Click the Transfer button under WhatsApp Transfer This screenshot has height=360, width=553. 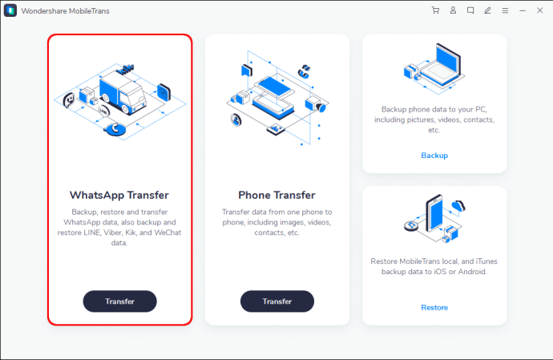119,301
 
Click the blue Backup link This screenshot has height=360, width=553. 434,156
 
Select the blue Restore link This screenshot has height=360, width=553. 434,307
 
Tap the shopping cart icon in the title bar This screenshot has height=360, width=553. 435,10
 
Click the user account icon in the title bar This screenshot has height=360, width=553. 453,10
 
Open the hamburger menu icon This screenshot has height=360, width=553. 505,10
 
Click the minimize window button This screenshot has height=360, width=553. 523,11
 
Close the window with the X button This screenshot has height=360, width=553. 540,10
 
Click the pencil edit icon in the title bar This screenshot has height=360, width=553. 488,10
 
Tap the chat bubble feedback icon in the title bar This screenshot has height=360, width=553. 470,10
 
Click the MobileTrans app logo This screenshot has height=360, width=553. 10,10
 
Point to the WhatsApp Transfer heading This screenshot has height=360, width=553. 119,195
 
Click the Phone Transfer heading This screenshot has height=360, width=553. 276,195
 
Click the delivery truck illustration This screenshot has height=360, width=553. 122,92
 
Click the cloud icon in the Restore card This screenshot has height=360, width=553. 458,205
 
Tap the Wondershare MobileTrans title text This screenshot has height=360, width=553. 65,11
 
